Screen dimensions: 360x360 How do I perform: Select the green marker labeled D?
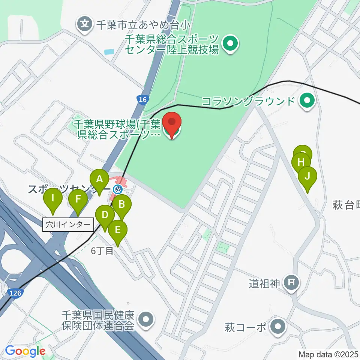click(105, 216)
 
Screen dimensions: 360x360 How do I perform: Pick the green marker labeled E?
click(117, 229)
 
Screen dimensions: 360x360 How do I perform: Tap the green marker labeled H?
click(301, 163)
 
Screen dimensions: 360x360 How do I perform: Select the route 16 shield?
click(142, 99)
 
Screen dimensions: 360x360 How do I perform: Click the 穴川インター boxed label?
click(68, 225)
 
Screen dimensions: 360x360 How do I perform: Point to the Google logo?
click(25, 351)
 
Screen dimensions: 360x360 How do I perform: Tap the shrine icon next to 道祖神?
click(291, 283)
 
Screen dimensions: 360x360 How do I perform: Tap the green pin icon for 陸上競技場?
click(229, 44)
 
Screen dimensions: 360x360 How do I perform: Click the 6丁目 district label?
click(102, 251)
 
